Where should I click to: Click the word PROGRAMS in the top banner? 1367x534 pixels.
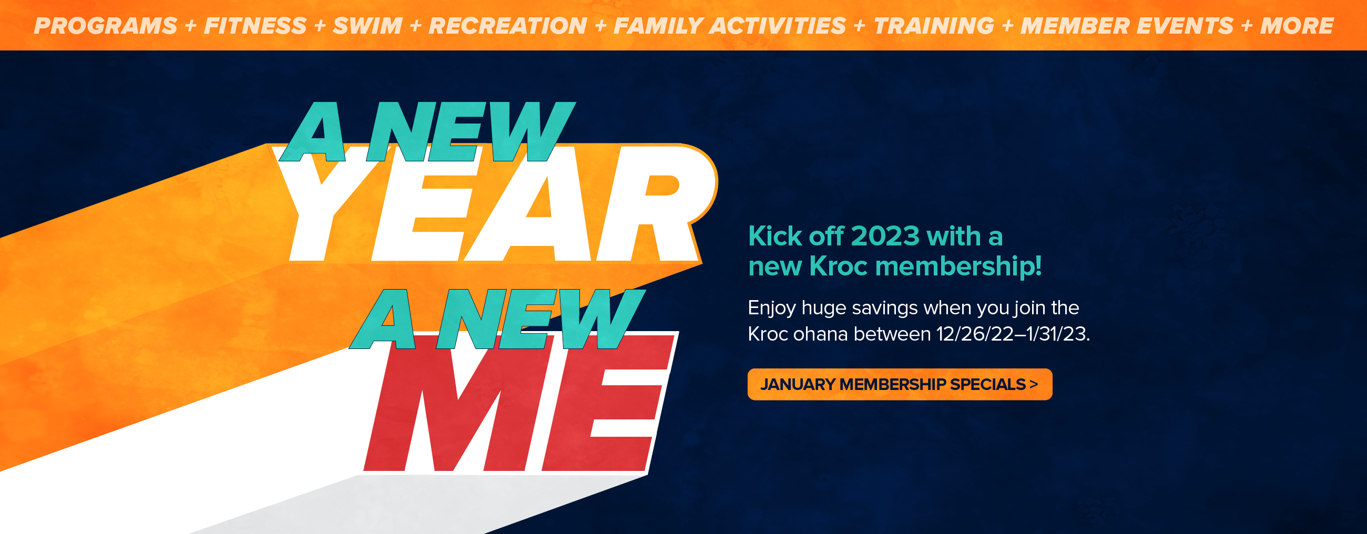(x=106, y=26)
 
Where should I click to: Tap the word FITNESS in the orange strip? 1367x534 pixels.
(x=255, y=26)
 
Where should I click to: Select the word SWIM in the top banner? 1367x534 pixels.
(x=368, y=26)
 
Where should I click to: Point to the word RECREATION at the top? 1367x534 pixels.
(x=508, y=26)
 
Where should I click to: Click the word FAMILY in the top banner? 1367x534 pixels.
(x=658, y=26)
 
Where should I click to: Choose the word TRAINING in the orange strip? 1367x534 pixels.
(x=934, y=26)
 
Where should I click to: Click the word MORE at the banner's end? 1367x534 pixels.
(x=1297, y=26)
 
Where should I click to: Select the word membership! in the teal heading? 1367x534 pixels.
(x=958, y=265)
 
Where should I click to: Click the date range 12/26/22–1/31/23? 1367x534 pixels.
(x=1013, y=334)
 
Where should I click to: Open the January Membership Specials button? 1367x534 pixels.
(x=900, y=384)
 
